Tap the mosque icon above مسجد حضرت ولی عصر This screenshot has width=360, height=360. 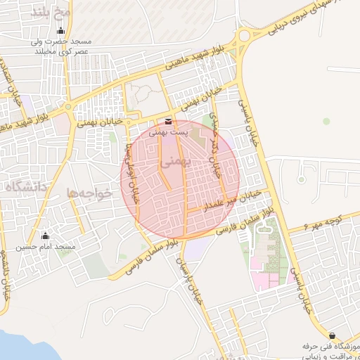pyautogui.click(x=61, y=30)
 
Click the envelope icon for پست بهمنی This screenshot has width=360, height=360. pyautogui.click(x=167, y=121)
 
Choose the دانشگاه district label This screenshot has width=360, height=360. pyautogui.click(x=25, y=186)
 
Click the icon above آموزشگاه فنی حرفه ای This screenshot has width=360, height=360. pyautogui.click(x=332, y=335)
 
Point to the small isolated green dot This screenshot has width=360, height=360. pyautogui.click(x=326, y=121)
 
